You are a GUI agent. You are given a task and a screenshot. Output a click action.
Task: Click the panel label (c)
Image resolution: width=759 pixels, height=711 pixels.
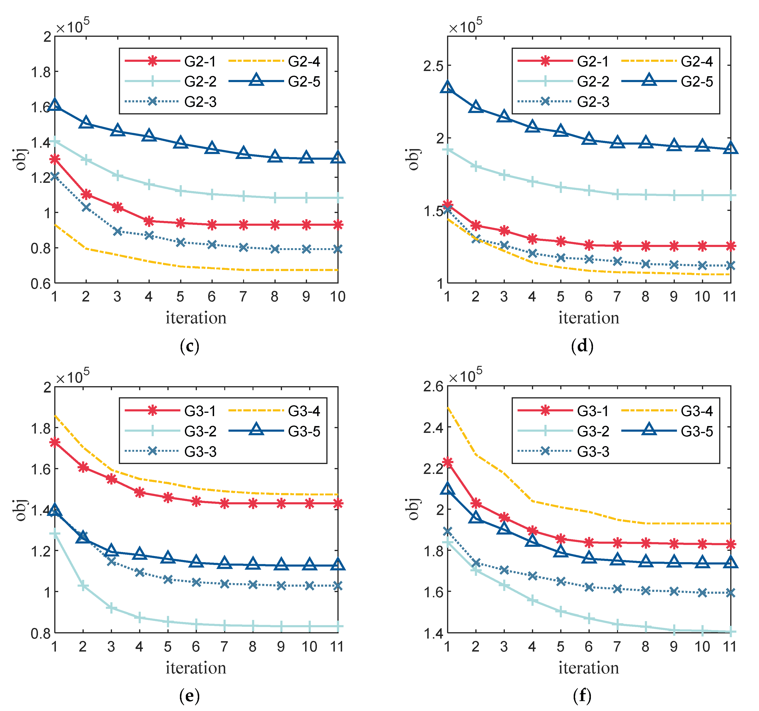[189, 346]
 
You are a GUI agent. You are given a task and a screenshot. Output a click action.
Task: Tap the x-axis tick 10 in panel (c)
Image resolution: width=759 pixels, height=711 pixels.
[337, 297]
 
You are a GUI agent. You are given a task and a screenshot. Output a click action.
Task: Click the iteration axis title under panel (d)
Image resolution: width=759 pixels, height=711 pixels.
[589, 318]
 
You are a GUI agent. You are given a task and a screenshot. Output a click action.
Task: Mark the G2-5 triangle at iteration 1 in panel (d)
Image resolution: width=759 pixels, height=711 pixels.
[448, 87]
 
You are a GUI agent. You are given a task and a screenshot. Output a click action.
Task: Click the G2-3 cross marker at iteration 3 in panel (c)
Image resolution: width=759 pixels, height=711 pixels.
[118, 231]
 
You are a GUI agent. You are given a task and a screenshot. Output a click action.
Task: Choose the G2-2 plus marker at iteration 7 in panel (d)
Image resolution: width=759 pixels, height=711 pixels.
[617, 194]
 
